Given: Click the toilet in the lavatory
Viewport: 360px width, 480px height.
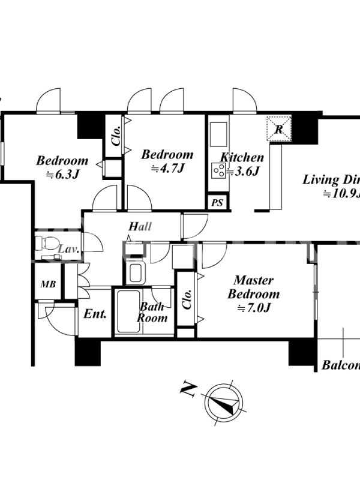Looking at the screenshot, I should tap(46, 243).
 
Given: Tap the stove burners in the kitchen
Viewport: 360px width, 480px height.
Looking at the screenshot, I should tap(218, 170).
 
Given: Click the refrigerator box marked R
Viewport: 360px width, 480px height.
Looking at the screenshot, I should tap(279, 128).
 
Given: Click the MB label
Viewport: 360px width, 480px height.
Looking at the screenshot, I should tap(48, 284).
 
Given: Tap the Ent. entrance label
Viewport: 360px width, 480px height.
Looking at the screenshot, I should tap(95, 313).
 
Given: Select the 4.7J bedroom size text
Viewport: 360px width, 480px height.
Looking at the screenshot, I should tap(167, 169).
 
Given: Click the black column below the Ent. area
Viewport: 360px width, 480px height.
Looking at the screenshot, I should tap(86, 352).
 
